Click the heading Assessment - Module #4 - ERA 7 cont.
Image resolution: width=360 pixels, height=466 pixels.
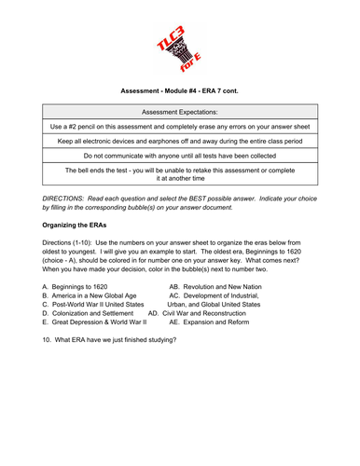tap(179, 92)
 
